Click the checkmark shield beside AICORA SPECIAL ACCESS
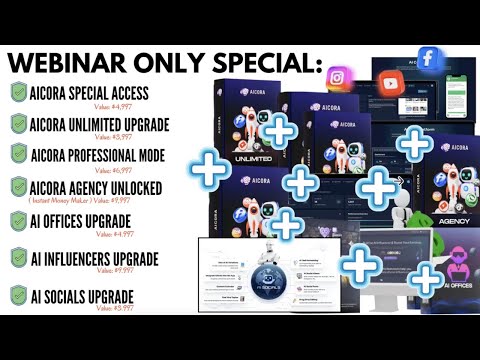tap(19, 91)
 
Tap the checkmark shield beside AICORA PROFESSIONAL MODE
tap(19, 154)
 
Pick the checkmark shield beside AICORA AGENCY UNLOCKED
tap(19, 186)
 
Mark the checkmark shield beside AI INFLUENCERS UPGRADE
tap(19, 259)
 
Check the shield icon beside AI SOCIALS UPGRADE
tap(19, 296)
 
